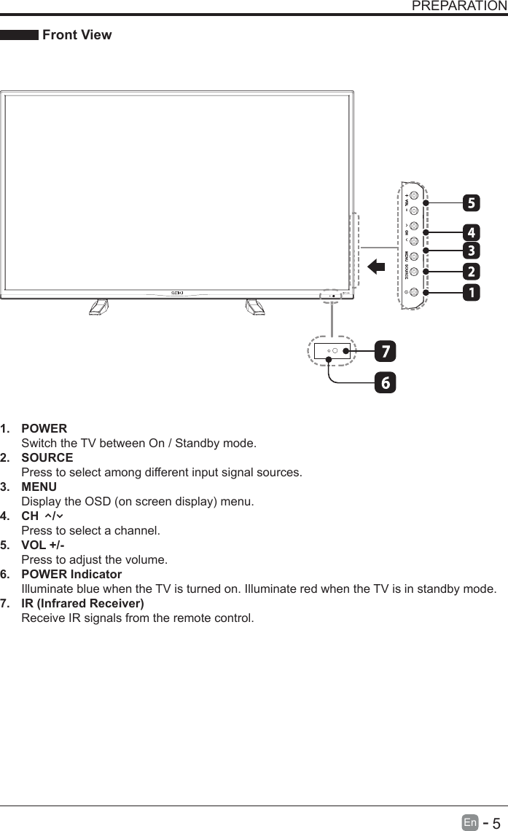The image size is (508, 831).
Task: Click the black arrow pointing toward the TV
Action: pos(376,267)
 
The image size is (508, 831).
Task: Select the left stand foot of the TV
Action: pos(98,307)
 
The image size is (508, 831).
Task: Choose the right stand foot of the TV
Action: pos(255,307)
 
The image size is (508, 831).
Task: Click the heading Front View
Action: pos(77,35)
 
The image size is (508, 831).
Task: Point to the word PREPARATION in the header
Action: pos(459,7)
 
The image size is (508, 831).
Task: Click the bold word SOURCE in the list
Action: pos(47,457)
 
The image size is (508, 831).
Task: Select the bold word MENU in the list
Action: pos(39,487)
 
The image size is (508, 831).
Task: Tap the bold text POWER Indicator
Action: pos(71,574)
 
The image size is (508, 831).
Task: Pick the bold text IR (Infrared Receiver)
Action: pos(82,603)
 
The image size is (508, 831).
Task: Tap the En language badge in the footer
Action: pos(471,822)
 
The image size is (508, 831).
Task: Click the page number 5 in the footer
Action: pos(497,822)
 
